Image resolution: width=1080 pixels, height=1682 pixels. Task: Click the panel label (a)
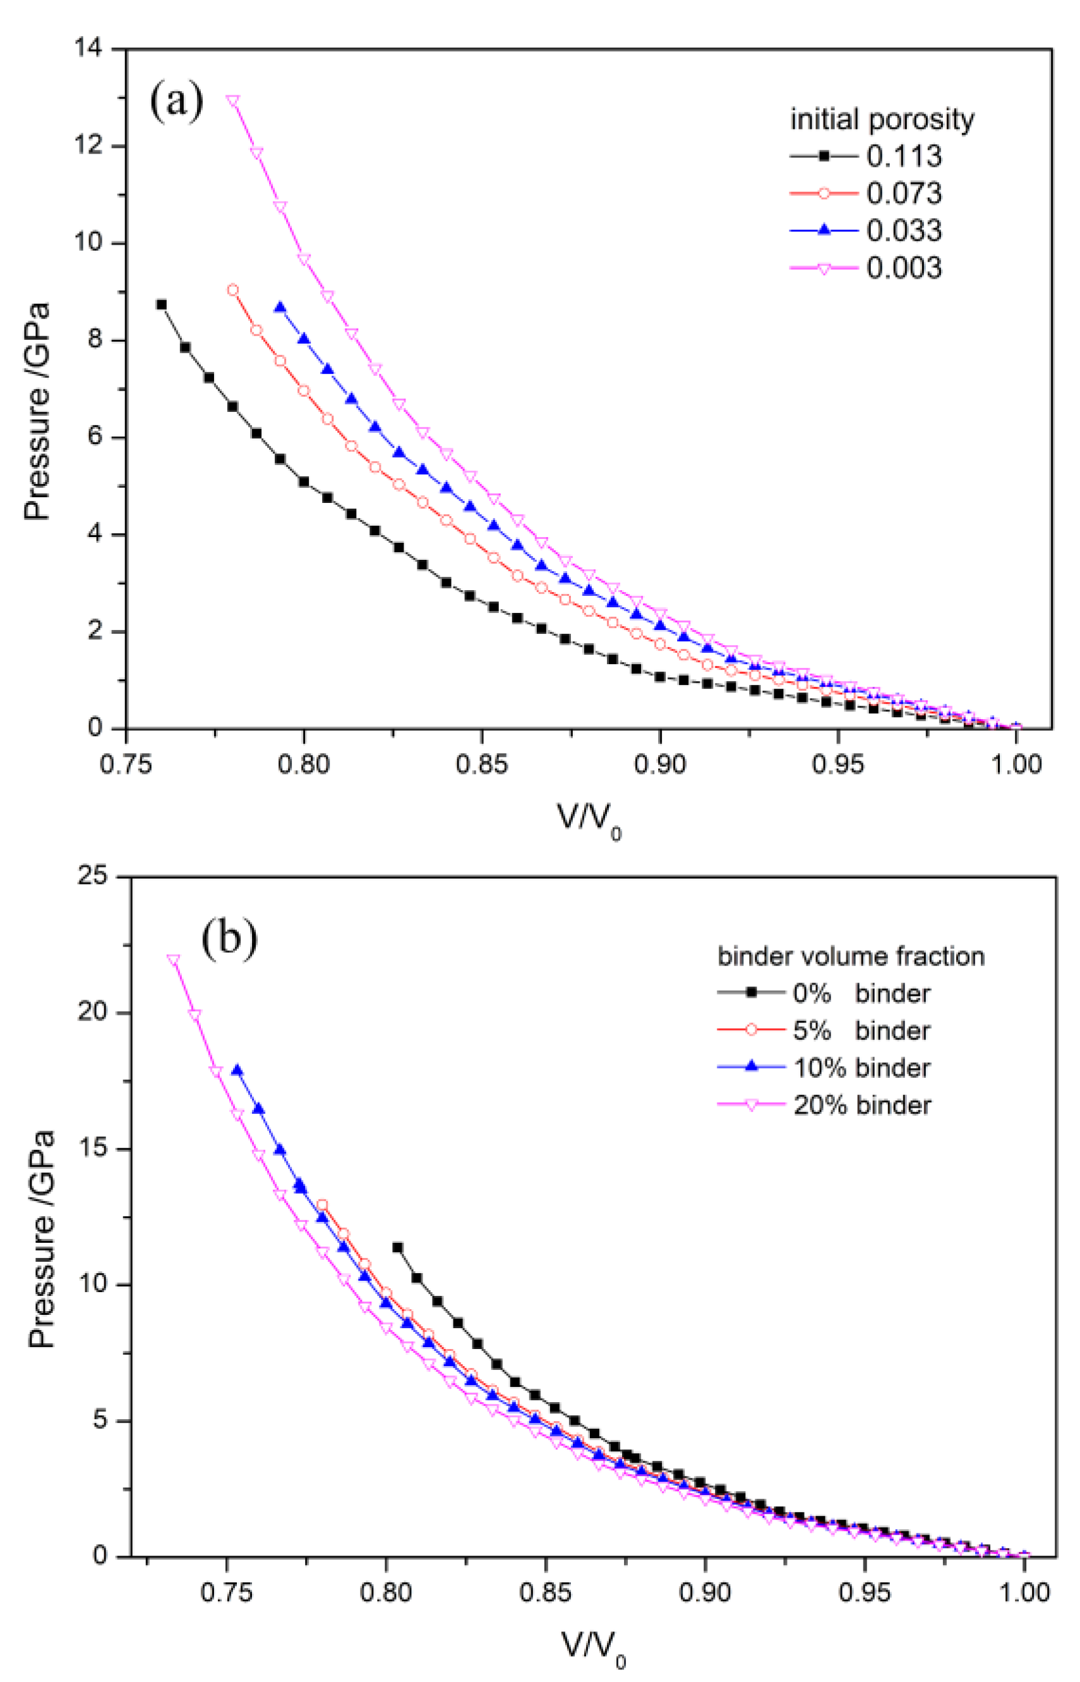click(176, 100)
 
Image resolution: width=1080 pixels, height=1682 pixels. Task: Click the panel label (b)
click(229, 938)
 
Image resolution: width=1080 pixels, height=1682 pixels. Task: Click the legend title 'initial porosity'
click(882, 119)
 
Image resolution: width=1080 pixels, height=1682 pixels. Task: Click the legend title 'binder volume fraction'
click(851, 956)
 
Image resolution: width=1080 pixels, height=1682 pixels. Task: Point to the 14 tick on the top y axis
click(88, 49)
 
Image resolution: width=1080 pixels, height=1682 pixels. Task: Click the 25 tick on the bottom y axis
click(93, 876)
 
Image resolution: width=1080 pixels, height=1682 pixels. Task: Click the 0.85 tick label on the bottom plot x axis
click(545, 1592)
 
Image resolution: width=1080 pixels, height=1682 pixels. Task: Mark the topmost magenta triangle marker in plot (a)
click(233, 100)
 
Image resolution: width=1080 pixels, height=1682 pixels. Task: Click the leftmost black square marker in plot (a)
click(161, 305)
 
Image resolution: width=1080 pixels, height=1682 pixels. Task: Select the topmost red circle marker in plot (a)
click(233, 289)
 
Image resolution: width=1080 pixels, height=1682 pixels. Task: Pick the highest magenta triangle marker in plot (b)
click(173, 960)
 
